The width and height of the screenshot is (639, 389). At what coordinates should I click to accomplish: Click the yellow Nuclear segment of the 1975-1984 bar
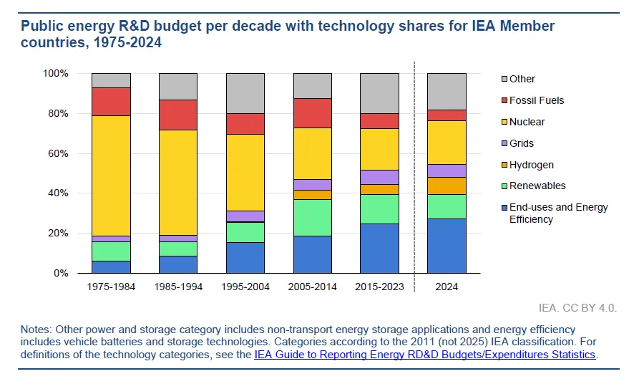111,175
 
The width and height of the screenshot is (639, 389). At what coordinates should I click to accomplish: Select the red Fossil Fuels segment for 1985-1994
177,115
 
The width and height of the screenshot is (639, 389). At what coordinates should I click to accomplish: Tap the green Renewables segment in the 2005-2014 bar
312,217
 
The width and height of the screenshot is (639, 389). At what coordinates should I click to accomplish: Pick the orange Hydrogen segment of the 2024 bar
447,186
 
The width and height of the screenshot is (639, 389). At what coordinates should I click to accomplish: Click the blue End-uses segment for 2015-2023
379,248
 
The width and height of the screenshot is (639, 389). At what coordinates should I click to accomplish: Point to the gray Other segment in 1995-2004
245,93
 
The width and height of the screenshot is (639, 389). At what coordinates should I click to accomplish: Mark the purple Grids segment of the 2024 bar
447,171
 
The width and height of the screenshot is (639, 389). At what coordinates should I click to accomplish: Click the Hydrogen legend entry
531,165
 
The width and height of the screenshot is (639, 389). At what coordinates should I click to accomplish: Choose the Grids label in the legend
522,143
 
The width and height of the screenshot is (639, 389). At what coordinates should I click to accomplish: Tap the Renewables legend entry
537,186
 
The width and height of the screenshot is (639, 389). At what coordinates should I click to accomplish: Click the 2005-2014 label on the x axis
312,287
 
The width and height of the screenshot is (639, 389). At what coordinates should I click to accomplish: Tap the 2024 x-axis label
447,287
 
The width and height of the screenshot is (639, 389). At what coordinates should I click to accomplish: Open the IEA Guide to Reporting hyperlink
424,355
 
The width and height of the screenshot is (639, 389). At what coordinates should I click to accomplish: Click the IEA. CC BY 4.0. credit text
577,308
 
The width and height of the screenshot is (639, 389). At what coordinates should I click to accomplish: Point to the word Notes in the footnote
35,329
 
